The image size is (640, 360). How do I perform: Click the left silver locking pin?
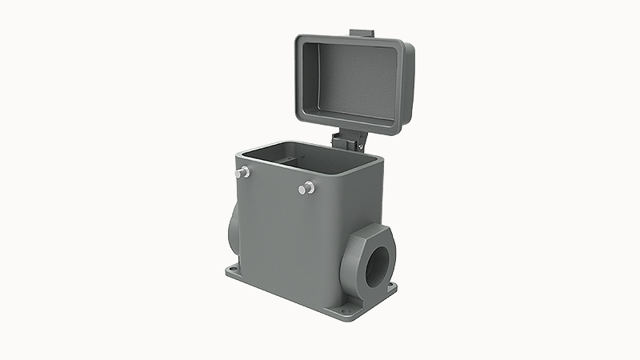coord(243,172)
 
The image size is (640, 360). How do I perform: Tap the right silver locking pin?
coord(305,188)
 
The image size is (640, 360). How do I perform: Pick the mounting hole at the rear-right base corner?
coord(391,286)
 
